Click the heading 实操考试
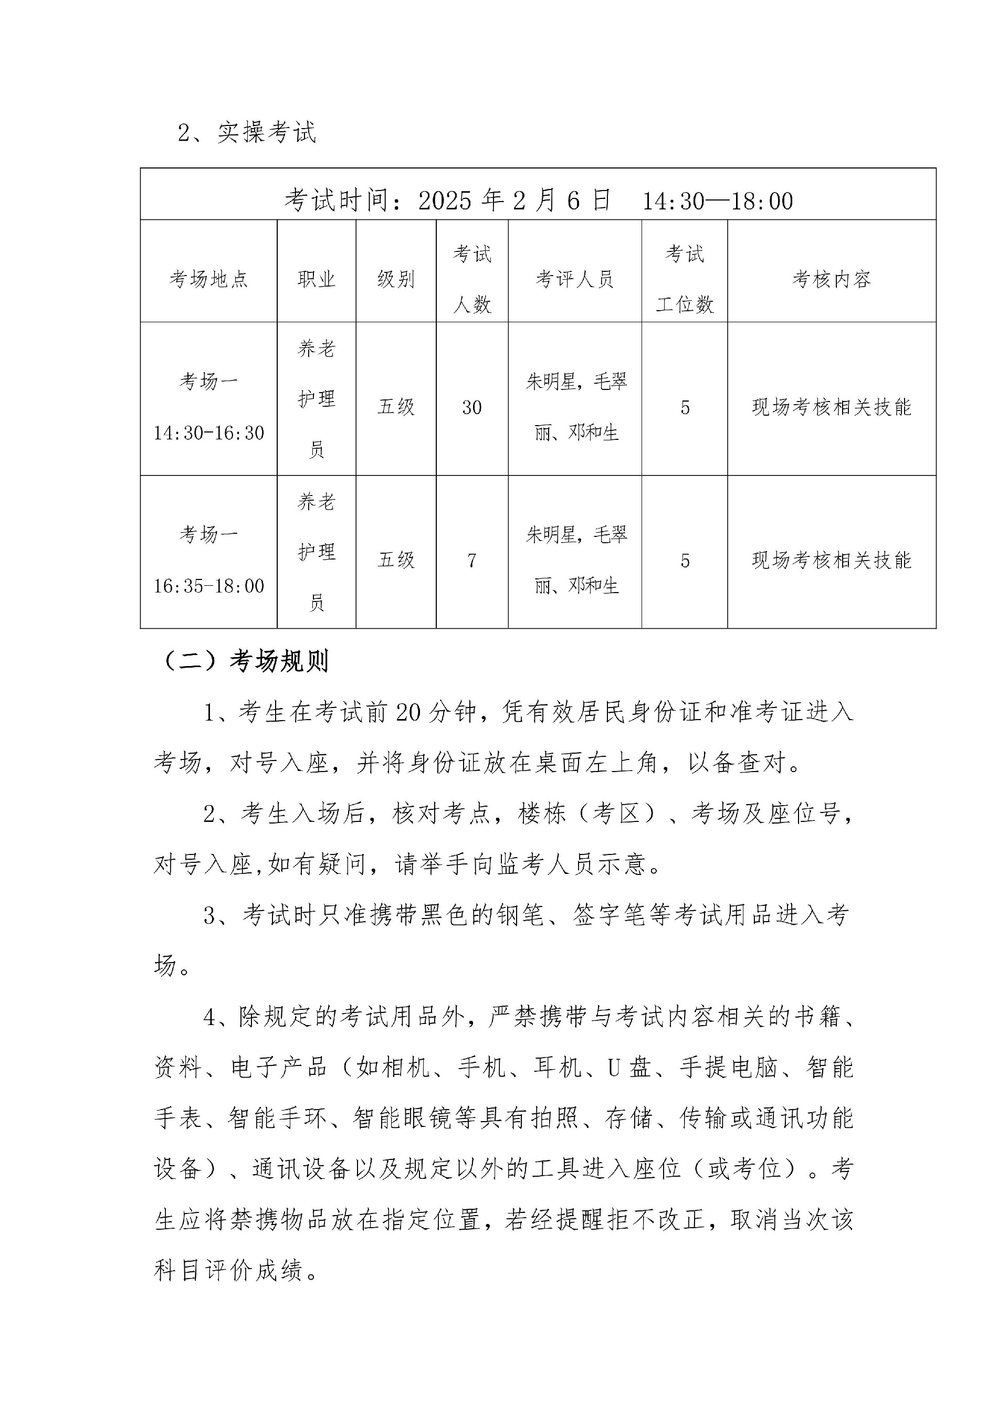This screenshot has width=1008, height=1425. click(x=266, y=132)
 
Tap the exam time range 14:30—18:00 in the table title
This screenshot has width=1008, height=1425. click(x=717, y=201)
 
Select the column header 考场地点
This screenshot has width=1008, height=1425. click(x=208, y=279)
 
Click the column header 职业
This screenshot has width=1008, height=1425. click(x=317, y=279)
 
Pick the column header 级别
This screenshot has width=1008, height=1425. click(x=396, y=279)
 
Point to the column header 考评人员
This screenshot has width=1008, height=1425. click(x=575, y=279)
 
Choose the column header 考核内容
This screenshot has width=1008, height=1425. click(x=831, y=279)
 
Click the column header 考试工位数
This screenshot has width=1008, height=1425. click(x=685, y=279)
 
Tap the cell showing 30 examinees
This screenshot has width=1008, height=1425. click(x=472, y=408)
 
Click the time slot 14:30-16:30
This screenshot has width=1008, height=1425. click(x=209, y=433)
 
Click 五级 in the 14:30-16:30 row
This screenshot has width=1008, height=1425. click(x=396, y=407)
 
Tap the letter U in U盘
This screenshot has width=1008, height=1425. click(x=614, y=1068)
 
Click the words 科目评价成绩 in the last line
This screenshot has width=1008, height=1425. click(x=229, y=1271)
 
